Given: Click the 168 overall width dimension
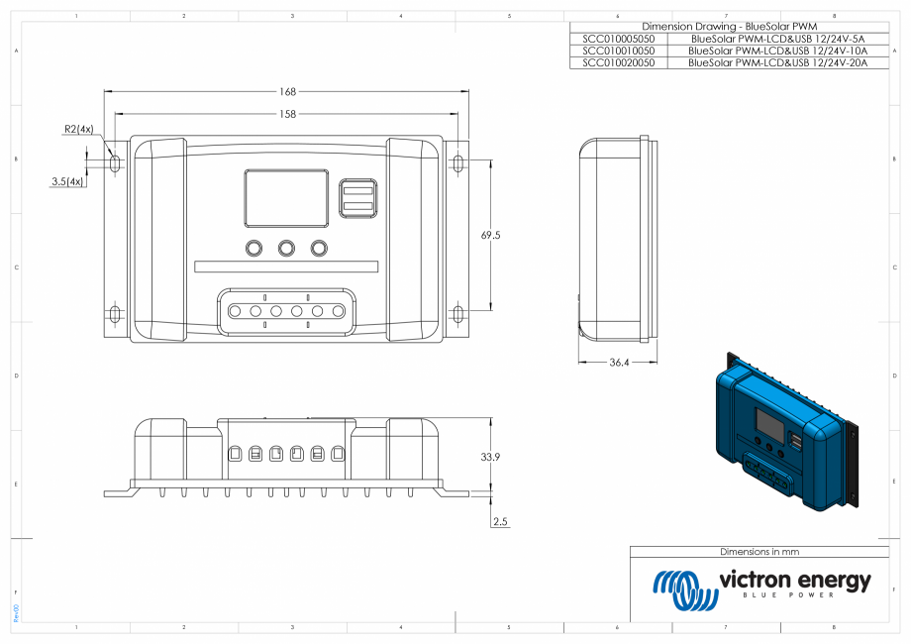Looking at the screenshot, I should click(287, 91).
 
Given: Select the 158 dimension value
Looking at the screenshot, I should click(287, 114).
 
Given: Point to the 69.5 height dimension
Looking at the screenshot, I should click(490, 236).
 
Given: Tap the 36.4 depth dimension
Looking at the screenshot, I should click(618, 363).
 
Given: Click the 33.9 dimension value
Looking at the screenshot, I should click(490, 457).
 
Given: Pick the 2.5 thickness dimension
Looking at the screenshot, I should click(500, 521).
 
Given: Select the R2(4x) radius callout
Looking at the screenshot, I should click(78, 129).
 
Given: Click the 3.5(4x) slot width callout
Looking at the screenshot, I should click(67, 181).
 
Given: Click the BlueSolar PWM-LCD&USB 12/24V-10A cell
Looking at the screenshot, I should click(777, 50).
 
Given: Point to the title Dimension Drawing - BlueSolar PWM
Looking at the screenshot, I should click(730, 26).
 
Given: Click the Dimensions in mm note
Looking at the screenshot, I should click(759, 551).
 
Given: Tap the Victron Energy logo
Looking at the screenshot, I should click(760, 588).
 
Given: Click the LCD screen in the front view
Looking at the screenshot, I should click(286, 197).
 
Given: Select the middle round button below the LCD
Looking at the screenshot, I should click(287, 248).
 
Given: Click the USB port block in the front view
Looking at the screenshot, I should click(357, 197).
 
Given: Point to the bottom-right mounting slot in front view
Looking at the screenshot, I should click(457, 315).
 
